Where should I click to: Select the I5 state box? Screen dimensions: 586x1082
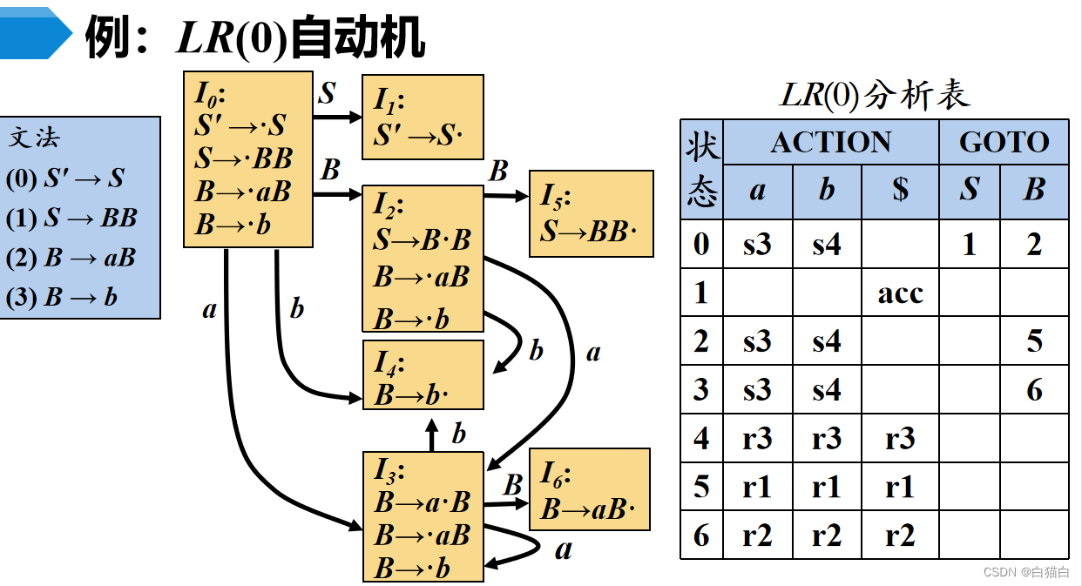(x=591, y=214)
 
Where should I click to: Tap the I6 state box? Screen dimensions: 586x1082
(x=590, y=489)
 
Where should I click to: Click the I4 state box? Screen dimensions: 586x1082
(x=423, y=374)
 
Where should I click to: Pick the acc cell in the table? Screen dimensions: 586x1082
(x=900, y=293)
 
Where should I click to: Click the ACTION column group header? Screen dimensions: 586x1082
(x=830, y=143)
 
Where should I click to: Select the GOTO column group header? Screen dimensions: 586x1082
(x=1004, y=143)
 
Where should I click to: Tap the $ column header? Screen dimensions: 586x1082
(x=900, y=190)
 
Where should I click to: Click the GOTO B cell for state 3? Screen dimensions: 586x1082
(x=1034, y=389)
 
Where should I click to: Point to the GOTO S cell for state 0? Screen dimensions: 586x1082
(x=969, y=245)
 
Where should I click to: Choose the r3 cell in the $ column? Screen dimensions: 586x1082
(x=900, y=438)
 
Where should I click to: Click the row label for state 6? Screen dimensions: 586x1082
(x=701, y=535)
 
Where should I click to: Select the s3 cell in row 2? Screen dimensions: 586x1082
(x=757, y=341)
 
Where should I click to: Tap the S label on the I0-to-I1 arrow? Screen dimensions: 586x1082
(x=327, y=94)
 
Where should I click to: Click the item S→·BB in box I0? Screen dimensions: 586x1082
(x=243, y=158)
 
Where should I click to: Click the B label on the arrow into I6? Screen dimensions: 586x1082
(x=513, y=484)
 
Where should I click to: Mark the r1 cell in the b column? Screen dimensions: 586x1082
(x=827, y=487)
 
